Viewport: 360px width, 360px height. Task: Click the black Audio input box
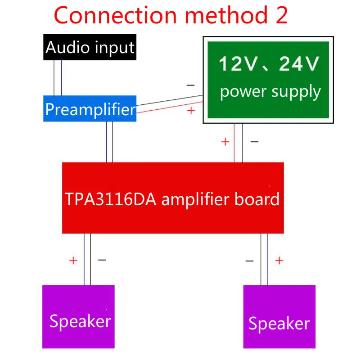90,47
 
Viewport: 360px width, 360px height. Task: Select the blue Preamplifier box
90,108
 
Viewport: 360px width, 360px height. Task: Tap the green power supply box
268,80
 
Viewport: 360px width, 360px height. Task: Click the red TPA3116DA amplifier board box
173,198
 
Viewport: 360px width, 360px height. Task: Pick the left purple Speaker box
78,317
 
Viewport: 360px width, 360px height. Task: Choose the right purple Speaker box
279,317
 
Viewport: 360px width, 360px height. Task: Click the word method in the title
226,15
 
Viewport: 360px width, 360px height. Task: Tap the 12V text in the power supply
238,63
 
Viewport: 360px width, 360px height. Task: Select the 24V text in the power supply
299,63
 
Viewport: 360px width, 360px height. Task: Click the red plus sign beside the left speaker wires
73,261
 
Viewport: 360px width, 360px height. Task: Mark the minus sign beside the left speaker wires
102,260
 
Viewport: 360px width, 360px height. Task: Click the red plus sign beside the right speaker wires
279,261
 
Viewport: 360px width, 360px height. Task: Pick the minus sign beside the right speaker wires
250,261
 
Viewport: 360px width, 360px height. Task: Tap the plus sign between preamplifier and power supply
191,111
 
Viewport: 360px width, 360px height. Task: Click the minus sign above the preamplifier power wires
190,85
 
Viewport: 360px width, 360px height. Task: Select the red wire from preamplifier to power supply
170,107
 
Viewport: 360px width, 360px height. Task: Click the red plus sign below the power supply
225,142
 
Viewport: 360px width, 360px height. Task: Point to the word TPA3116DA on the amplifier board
110,199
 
